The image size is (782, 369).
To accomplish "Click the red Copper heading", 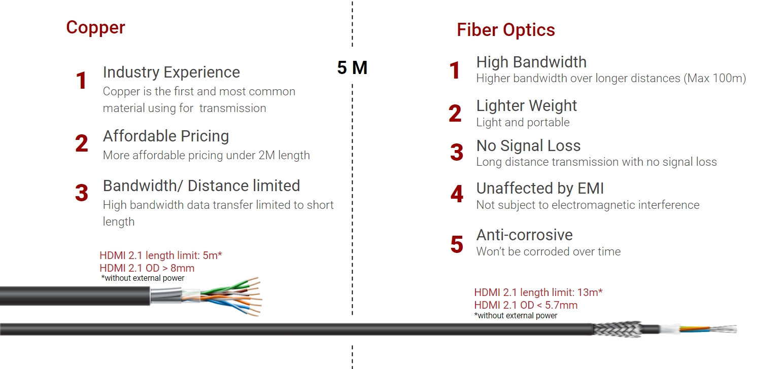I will click(95, 27).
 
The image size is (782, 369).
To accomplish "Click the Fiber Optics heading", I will click(505, 30).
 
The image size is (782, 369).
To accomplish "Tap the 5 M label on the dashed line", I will click(352, 68).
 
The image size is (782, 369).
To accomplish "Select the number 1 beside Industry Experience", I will click(81, 81).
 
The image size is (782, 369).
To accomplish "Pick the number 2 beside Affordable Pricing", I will click(81, 144).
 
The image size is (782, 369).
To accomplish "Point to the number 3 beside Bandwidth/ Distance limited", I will click(81, 193).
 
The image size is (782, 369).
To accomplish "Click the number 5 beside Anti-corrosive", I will click(456, 245).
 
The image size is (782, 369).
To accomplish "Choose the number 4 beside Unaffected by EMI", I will click(456, 194).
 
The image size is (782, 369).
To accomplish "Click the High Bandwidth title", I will click(531, 62).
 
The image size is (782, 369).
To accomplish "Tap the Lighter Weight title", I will click(526, 105).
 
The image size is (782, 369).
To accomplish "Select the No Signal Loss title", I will click(528, 146).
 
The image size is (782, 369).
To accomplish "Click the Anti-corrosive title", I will click(524, 235).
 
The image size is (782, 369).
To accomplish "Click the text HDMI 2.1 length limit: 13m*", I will click(538, 292).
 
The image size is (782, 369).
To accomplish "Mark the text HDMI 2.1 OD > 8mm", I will click(147, 268).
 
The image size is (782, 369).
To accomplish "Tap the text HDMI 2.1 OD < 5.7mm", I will click(525, 305).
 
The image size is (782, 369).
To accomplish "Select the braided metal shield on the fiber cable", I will click(617, 329).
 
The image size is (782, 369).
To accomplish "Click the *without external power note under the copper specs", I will click(143, 278).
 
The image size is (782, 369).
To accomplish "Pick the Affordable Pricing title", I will click(165, 136).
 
